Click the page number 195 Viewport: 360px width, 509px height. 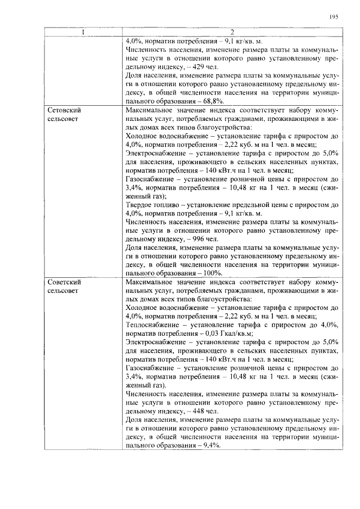click(333, 17)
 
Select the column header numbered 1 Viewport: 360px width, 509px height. click(83, 31)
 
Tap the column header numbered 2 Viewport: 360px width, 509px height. click(231, 31)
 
